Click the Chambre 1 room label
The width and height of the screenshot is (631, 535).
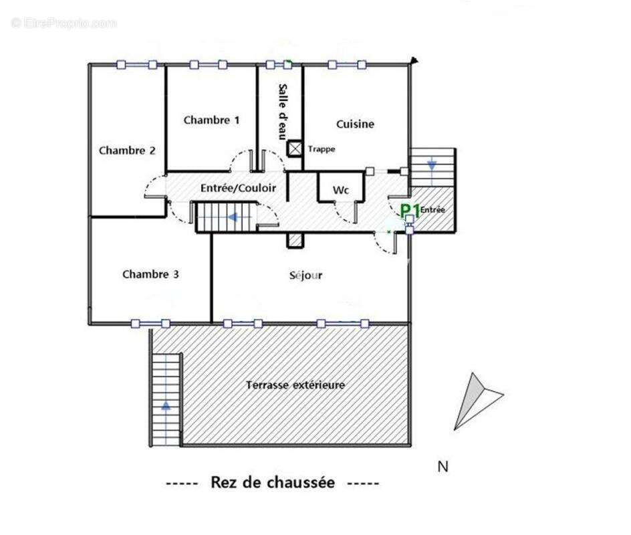tap(211, 120)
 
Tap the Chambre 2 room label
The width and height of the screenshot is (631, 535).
tap(127, 150)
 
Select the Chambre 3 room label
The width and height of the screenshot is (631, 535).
tap(150, 274)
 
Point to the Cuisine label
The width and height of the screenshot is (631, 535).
tap(355, 124)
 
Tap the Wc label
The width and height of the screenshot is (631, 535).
tap(341, 191)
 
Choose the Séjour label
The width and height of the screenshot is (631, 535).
tap(306, 276)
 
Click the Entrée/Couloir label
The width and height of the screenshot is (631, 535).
tap(238, 189)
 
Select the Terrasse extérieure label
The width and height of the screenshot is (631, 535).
tap(295, 385)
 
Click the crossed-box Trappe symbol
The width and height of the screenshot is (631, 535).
tap(295, 148)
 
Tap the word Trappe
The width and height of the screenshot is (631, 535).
tap(322, 149)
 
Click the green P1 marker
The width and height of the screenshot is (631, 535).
tap(409, 211)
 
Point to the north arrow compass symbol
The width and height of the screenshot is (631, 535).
tap(475, 400)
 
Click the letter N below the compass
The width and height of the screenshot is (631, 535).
tap(443, 467)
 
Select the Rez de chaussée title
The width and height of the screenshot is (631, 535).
tap(273, 482)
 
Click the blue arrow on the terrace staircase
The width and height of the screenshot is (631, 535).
tap(165, 405)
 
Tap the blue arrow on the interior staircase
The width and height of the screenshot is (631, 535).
tap(233, 217)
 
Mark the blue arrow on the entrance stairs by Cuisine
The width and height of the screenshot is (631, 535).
tap(432, 164)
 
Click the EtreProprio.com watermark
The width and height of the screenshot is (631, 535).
tap(64, 23)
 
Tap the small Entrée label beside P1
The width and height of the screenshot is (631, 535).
tap(432, 210)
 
